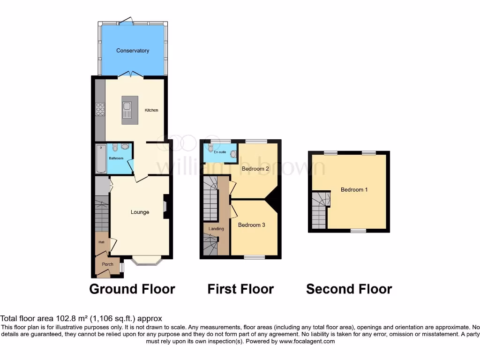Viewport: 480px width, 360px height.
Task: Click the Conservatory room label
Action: click(x=133, y=51)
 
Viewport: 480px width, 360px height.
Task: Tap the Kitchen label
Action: click(x=151, y=110)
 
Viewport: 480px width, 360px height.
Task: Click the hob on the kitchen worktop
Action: click(x=100, y=109)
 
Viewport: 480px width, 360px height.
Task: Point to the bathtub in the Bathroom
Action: click(x=101, y=158)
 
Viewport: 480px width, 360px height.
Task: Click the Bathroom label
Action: click(x=116, y=158)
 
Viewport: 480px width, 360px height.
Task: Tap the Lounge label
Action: click(x=140, y=212)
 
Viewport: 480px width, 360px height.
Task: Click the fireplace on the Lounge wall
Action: click(x=165, y=207)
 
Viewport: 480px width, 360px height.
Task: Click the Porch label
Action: click(x=108, y=264)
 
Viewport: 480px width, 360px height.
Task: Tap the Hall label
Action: click(x=101, y=242)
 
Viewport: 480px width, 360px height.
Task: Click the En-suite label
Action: click(x=219, y=152)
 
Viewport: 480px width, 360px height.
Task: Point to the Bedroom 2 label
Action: click(x=255, y=169)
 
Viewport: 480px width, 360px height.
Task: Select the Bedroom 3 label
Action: click(x=252, y=225)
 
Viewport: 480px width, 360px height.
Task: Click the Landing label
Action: click(x=217, y=229)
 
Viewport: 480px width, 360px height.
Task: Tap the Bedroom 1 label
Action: click(x=354, y=190)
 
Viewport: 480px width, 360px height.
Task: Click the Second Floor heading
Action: click(x=349, y=289)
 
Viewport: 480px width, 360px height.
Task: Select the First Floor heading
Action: click(x=240, y=289)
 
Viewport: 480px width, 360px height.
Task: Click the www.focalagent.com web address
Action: click(x=307, y=341)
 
